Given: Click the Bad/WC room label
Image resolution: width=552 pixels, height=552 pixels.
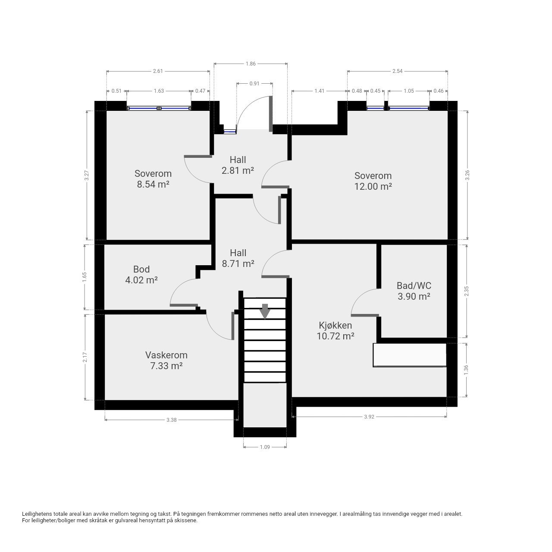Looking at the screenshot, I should tap(414, 285).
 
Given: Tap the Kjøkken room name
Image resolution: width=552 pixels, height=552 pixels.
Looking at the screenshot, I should tap(335, 326).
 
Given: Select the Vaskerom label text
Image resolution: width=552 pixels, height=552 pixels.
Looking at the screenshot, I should tap(166, 355).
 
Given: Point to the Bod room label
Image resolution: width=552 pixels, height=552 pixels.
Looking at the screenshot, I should tap(141, 270).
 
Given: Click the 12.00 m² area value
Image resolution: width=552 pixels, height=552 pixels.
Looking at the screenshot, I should tap(373, 186).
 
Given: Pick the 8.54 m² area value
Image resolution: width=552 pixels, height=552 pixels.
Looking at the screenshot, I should tap(153, 184).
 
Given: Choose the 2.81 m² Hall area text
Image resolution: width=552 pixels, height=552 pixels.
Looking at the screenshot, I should tap(238, 170).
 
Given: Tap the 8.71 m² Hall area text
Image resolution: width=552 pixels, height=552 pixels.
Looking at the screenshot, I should tap(238, 263).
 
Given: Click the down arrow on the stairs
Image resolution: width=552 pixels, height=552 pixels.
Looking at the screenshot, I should tap(265, 311).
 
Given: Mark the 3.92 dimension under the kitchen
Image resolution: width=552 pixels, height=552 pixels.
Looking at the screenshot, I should tap(369, 417).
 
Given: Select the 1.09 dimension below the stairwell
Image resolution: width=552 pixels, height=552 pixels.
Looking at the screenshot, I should tap(265, 447).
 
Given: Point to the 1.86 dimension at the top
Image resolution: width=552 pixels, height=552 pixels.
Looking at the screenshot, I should tap(251, 63).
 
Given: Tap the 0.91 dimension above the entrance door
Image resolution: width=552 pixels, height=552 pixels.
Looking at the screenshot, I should tap(254, 84).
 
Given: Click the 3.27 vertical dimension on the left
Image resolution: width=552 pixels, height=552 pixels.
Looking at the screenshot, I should tap(87, 175).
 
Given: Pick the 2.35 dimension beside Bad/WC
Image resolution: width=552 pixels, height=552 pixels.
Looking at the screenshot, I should tap(467, 291).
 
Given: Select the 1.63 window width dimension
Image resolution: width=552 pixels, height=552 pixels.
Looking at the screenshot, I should tap(159, 91).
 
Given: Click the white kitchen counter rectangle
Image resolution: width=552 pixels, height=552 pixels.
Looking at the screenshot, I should tap(410, 355).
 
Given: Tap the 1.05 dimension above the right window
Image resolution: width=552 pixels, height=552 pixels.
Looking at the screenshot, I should tap(409, 91).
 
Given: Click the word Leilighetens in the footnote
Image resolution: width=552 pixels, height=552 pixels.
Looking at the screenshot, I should tap(38, 514).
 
